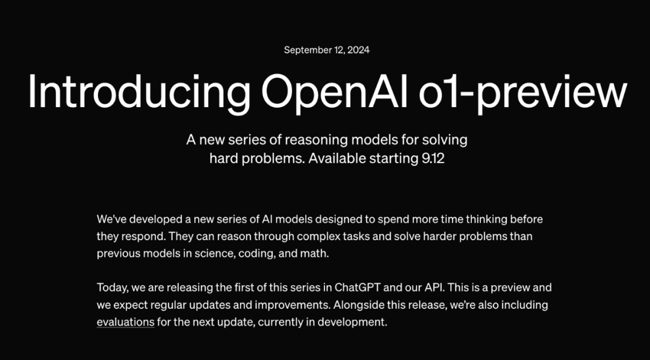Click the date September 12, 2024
click(327, 50)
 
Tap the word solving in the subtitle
click(444, 140)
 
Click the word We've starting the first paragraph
click(110, 219)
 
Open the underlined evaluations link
click(125, 322)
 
